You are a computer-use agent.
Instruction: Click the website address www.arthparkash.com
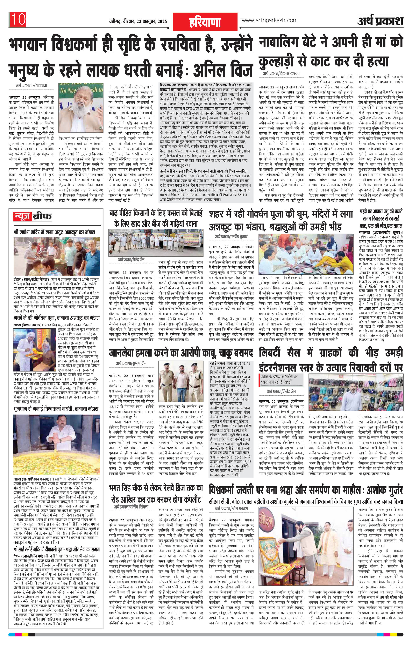click(269, 20)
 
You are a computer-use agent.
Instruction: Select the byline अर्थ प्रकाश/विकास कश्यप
click(281, 74)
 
